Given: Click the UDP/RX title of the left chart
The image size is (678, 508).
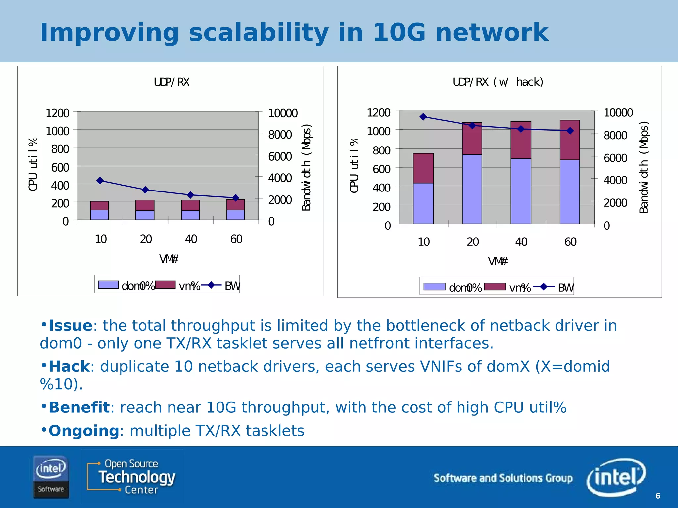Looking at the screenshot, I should click(171, 82).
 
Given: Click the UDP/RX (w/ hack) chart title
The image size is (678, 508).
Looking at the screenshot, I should click(498, 82).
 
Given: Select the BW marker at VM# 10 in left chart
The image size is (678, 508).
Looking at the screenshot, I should click(100, 181).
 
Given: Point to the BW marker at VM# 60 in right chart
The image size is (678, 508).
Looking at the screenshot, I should click(570, 131).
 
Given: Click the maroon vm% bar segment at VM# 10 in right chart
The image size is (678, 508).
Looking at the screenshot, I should click(423, 168).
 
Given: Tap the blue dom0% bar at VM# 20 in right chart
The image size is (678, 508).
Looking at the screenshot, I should click(472, 189).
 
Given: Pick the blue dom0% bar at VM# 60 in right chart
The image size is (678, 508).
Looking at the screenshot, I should click(570, 191).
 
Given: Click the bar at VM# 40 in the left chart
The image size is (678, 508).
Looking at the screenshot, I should click(190, 210).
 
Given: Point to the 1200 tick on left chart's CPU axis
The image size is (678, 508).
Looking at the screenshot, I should click(57, 113).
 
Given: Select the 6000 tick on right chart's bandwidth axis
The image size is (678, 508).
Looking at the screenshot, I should click(615, 158).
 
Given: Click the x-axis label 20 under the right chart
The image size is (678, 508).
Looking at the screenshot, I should click(473, 242).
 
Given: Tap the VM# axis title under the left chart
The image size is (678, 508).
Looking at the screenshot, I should click(169, 259).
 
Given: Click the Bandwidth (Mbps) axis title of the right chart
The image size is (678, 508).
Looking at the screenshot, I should click(644, 167).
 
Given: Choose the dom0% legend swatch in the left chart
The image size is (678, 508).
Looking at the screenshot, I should click(108, 285).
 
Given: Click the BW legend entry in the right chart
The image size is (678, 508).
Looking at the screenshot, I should click(565, 288).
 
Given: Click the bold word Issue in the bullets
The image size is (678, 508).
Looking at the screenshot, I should click(71, 326).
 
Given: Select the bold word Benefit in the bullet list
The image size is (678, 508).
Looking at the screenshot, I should click(79, 407).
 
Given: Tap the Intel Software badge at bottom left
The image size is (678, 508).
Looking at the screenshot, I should click(51, 477).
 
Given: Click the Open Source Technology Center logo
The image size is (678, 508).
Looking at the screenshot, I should click(132, 477).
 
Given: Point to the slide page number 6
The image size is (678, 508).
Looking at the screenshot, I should click(658, 496).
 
